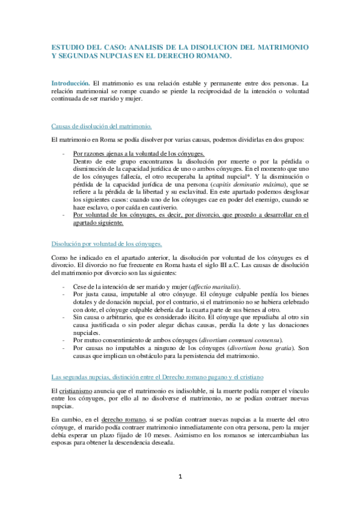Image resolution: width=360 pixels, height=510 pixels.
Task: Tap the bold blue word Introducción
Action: click(x=69, y=82)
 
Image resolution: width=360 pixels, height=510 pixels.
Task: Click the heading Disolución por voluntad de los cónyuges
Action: click(x=106, y=243)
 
